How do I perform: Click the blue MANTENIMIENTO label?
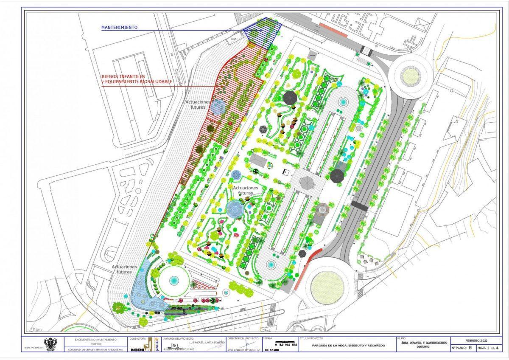pyautogui.click(x=119, y=27)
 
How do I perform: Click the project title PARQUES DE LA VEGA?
pyautogui.click(x=349, y=346)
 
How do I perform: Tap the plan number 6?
pyautogui.click(x=470, y=348)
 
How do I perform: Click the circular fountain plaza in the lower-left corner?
pyautogui.click(x=173, y=281)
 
